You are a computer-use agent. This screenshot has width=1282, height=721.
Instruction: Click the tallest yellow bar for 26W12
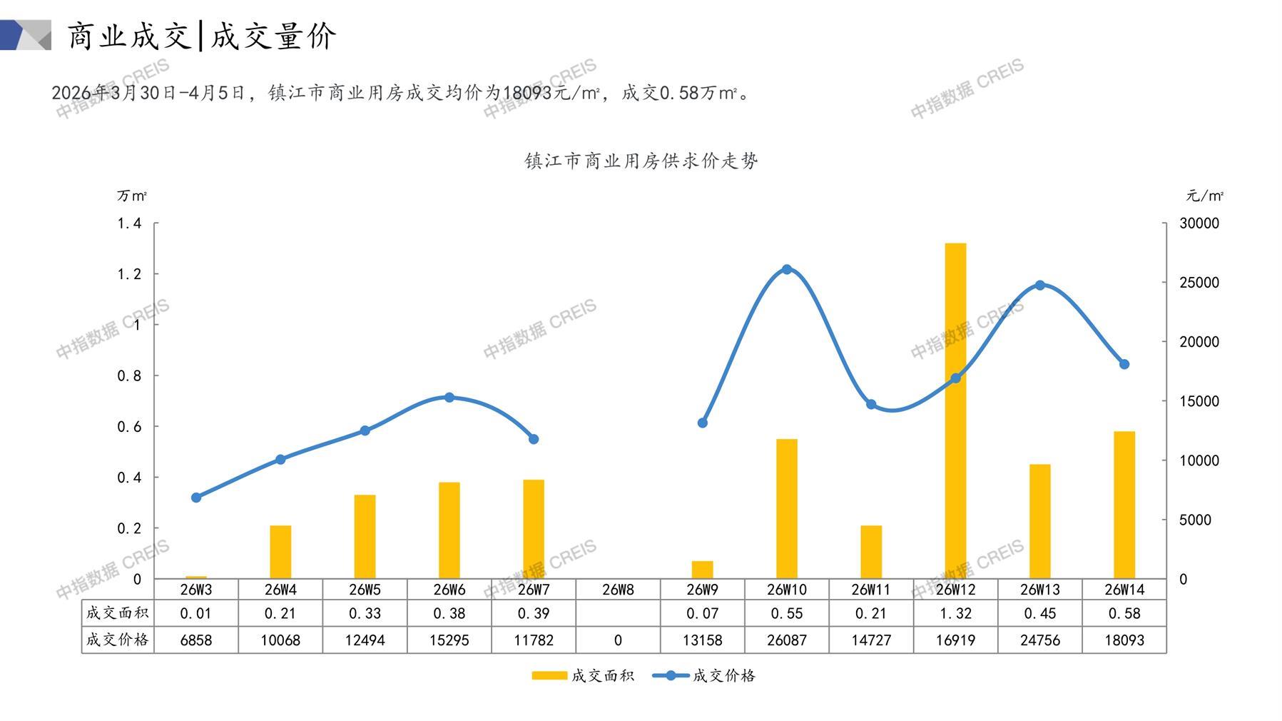pyautogui.click(x=955, y=410)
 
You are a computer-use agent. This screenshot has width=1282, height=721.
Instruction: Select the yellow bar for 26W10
pyautogui.click(x=786, y=508)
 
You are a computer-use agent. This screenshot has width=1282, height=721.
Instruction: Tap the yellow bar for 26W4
pyautogui.click(x=280, y=551)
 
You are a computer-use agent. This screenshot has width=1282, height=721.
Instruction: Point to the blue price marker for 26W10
pyautogui.click(x=787, y=269)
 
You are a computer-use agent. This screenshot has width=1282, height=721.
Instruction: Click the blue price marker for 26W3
pyautogui.click(x=196, y=498)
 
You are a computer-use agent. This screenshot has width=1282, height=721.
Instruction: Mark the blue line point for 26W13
pyautogui.click(x=1039, y=285)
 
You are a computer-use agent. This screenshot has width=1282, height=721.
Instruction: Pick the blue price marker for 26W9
pyautogui.click(x=702, y=423)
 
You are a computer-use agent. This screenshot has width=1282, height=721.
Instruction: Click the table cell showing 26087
pyautogui.click(x=786, y=640)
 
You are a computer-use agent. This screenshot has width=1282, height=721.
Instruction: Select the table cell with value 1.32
pyautogui.click(x=955, y=613)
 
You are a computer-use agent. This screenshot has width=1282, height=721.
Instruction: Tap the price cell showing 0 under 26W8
pyautogui.click(x=618, y=640)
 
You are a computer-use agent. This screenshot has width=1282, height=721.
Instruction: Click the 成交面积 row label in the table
pyautogui.click(x=117, y=613)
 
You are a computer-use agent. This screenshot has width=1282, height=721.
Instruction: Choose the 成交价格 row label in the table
pyautogui.click(x=117, y=640)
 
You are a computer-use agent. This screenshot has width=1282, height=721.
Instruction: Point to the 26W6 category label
pyautogui.click(x=449, y=590)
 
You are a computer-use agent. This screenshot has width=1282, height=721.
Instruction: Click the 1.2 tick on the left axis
pyautogui.click(x=129, y=274)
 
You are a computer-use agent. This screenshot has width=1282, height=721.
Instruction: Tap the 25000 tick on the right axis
pyautogui.click(x=1199, y=283)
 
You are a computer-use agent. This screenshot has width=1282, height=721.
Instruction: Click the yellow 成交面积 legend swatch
pyautogui.click(x=549, y=675)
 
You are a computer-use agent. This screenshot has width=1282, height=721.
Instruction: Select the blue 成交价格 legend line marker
pyautogui.click(x=671, y=675)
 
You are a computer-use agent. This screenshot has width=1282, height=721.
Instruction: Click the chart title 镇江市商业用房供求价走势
pyautogui.click(x=641, y=161)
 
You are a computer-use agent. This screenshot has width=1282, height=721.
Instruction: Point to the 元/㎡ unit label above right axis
pyautogui.click(x=1204, y=196)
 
